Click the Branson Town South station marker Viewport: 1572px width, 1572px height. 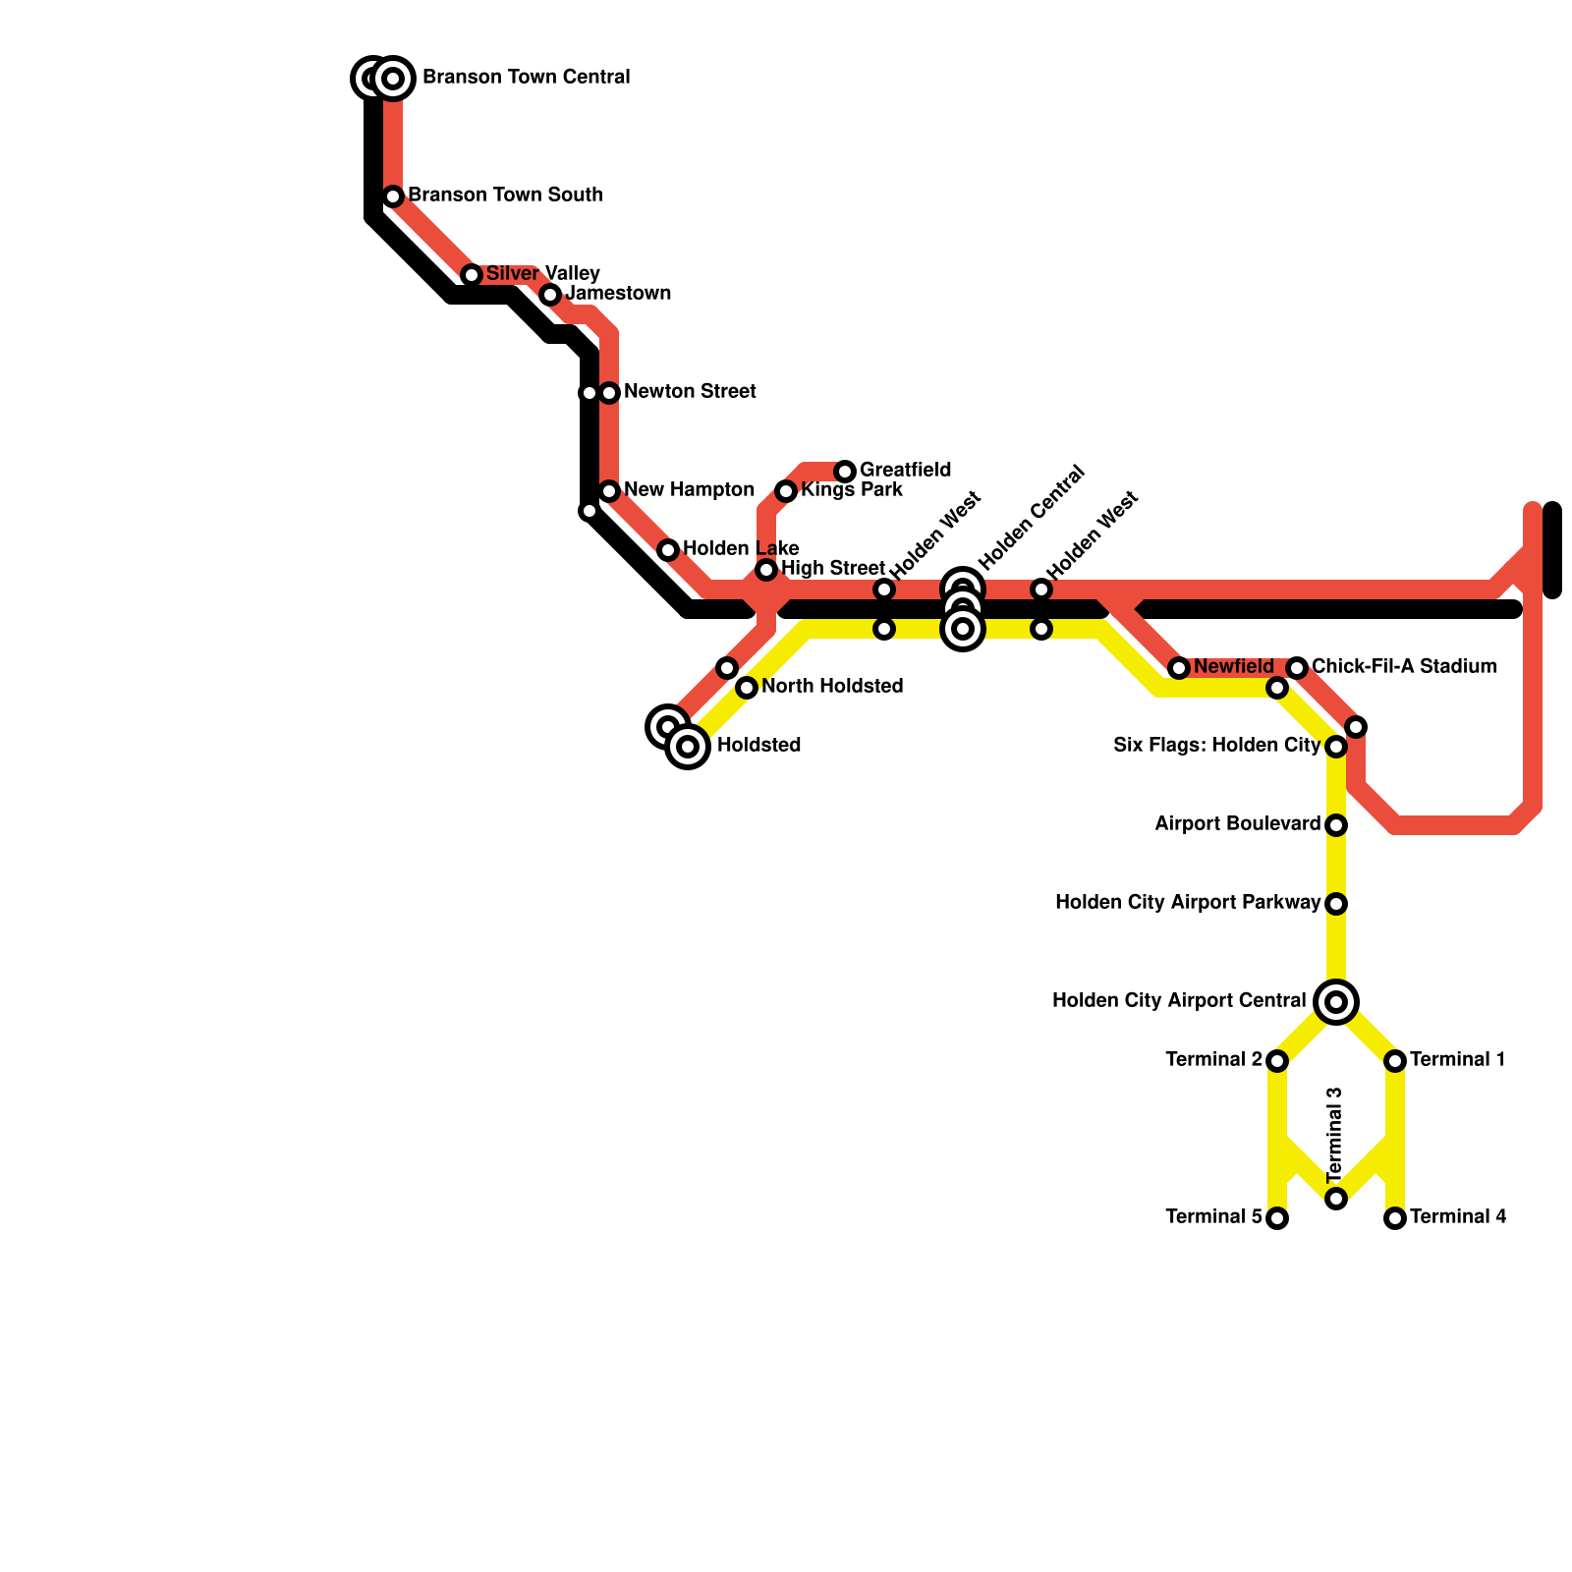pyautogui.click(x=393, y=196)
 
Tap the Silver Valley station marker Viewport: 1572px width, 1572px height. pyautogui.click(x=472, y=275)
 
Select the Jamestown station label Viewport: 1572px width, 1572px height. pyautogui.click(x=618, y=294)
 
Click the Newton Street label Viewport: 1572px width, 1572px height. pyautogui.click(x=690, y=392)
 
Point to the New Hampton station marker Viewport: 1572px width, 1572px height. pyautogui.click(x=609, y=491)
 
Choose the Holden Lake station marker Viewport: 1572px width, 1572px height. pyautogui.click(x=668, y=550)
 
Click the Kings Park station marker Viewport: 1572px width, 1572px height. pyautogui.click(x=786, y=491)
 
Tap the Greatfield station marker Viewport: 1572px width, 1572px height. pyautogui.click(x=845, y=472)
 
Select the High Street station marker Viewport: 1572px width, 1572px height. pyautogui.click(x=766, y=570)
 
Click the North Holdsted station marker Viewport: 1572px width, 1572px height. pyautogui.click(x=747, y=688)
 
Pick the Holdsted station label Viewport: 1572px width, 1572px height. pyautogui.click(x=758, y=746)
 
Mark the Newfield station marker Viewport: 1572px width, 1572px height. pyautogui.click(x=1179, y=668)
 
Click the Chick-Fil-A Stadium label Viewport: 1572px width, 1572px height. pyautogui.click(x=1404, y=667)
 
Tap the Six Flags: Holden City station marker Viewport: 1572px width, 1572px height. pyautogui.click(x=1336, y=747)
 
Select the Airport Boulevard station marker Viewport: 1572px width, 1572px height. pyautogui.click(x=1336, y=825)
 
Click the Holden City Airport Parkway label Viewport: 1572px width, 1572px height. pyautogui.click(x=1187, y=903)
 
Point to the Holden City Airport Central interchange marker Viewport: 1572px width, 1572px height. pyautogui.click(x=1336, y=1002)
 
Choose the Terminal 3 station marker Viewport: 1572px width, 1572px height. pyautogui.click(x=1336, y=1199)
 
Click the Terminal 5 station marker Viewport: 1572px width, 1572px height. pyautogui.click(x=1277, y=1218)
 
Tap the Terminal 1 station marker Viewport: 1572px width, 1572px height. pyautogui.click(x=1395, y=1061)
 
